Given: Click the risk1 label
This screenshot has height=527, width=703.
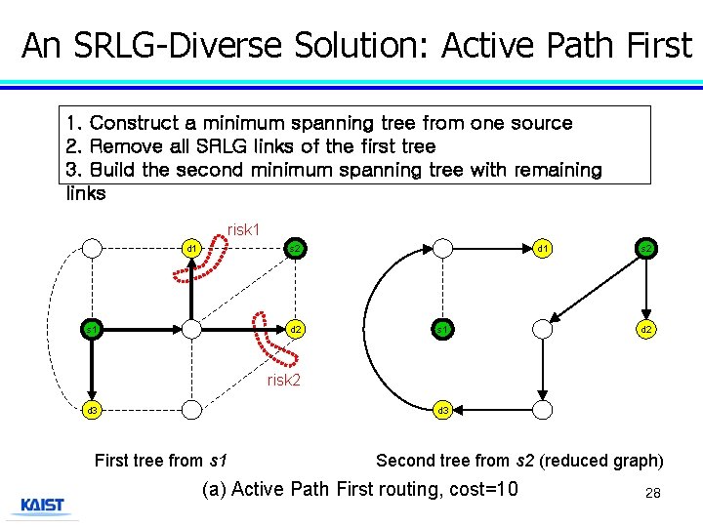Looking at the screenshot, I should coord(243,229).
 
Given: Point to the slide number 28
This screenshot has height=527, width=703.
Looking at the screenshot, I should coord(653,494).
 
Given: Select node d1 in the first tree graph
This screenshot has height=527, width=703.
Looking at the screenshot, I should coord(192,249).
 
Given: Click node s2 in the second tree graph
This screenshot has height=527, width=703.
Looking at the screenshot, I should coord(646,249).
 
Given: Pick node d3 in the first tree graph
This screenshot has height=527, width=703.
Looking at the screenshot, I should coord(92,411).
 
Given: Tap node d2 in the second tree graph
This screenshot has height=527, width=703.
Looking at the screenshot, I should coord(646,330).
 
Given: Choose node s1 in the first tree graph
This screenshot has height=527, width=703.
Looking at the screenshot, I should coord(92,330).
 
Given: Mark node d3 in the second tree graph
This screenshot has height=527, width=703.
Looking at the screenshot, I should coord(443,411).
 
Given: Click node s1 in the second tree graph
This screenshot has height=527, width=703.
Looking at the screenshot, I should coord(443,330).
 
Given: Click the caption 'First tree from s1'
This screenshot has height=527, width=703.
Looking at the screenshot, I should coord(162,461).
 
